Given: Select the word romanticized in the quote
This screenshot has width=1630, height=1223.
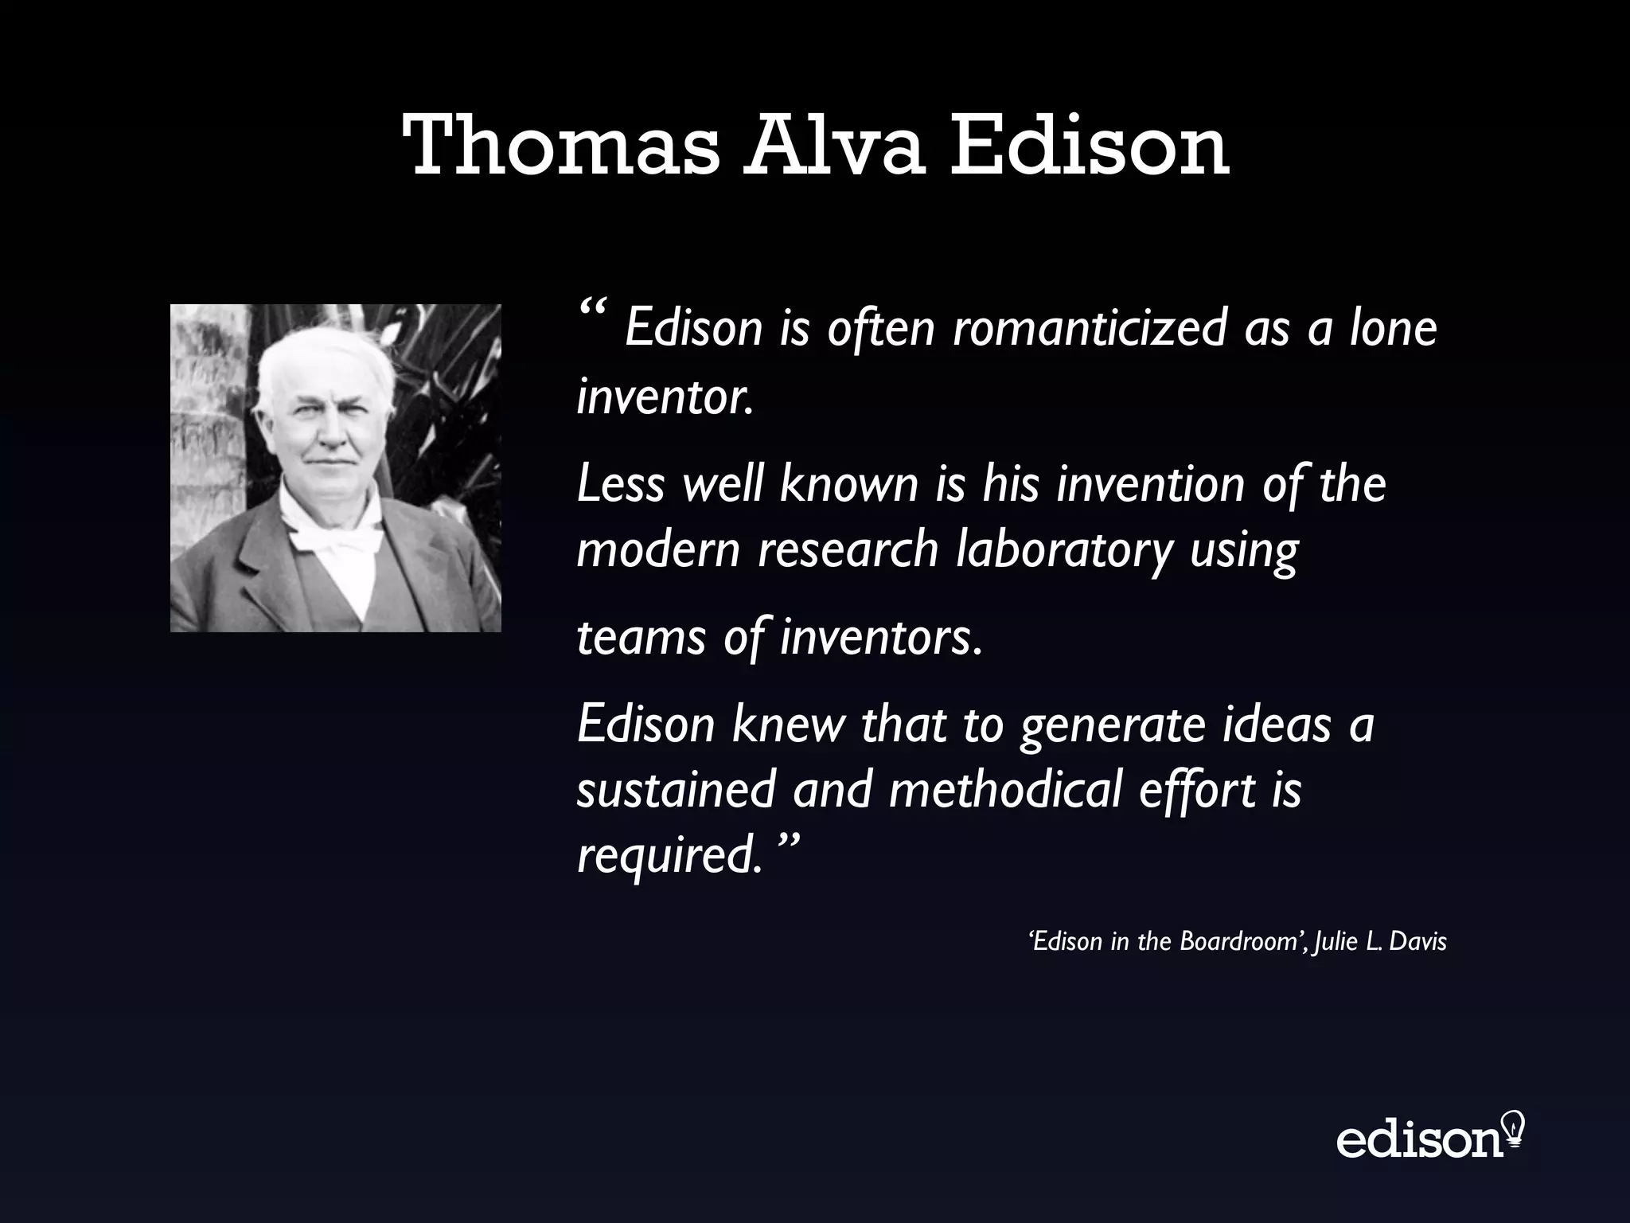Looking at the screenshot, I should click(x=1090, y=328).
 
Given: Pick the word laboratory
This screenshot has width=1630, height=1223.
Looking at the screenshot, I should click(x=1064, y=550).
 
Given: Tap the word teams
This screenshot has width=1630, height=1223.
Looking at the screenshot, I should click(x=641, y=638).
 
